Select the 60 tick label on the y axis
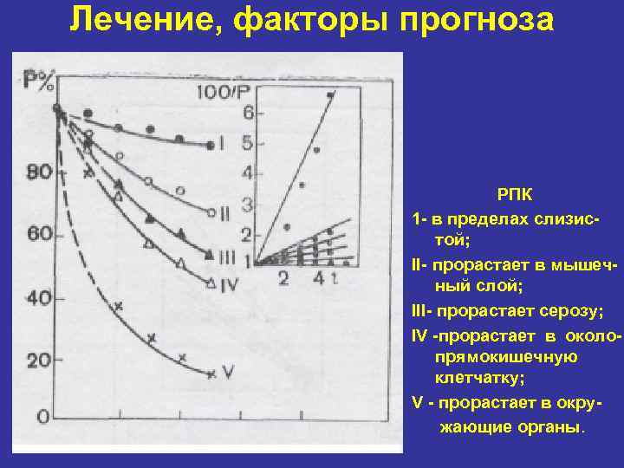(40, 234)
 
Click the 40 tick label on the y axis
(39, 298)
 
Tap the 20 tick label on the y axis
(39, 360)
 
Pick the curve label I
(223, 143)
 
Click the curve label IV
(229, 283)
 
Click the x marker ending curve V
(211, 374)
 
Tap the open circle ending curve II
(211, 211)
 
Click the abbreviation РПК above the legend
(515, 197)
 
